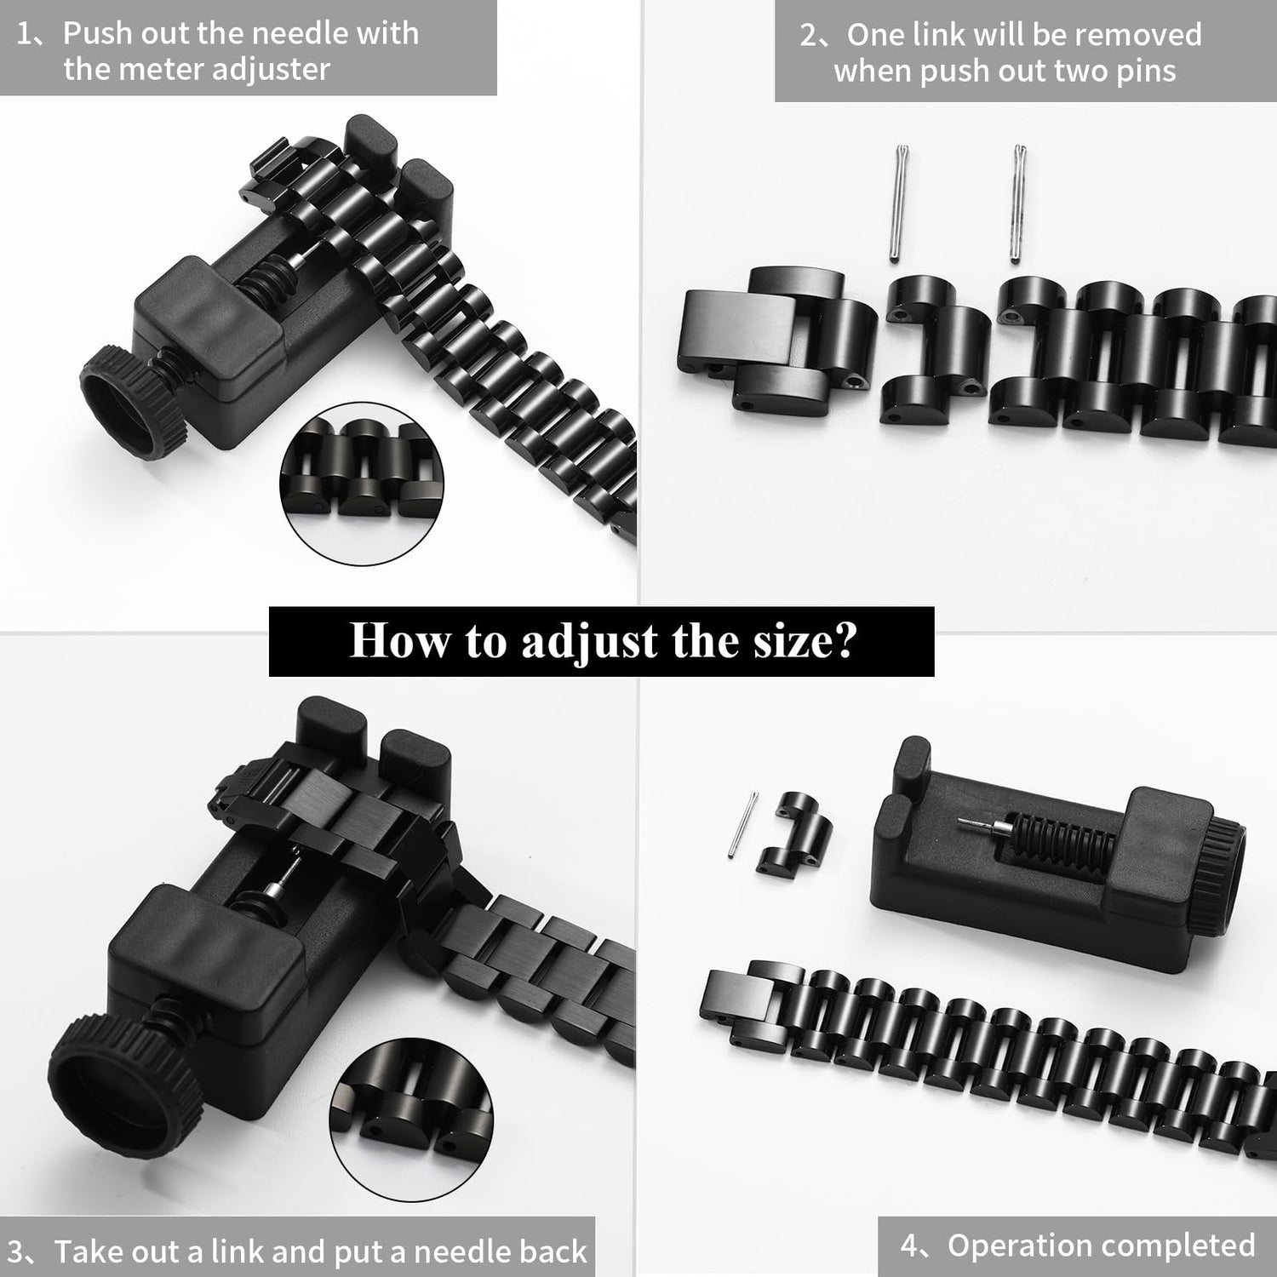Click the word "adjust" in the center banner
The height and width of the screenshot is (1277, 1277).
(590, 642)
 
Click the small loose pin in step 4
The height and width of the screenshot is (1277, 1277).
(743, 825)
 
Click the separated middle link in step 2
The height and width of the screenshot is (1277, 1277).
(934, 351)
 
